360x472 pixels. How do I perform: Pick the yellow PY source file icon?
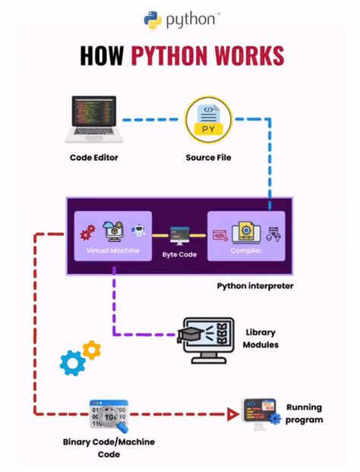pyautogui.click(x=208, y=119)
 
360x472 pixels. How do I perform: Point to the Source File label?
pyautogui.click(x=208, y=158)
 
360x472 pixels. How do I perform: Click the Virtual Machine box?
pyautogui.click(x=107, y=236)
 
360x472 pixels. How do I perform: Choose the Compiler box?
pyautogui.click(x=246, y=236)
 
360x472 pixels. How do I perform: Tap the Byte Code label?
pyautogui.click(x=179, y=254)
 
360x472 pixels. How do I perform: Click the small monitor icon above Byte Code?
pyautogui.click(x=179, y=234)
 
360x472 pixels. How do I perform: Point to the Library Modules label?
pyautogui.click(x=261, y=338)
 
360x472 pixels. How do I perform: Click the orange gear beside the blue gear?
pyautogui.click(x=92, y=350)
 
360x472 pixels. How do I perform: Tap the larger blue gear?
pyautogui.click(x=73, y=363)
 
